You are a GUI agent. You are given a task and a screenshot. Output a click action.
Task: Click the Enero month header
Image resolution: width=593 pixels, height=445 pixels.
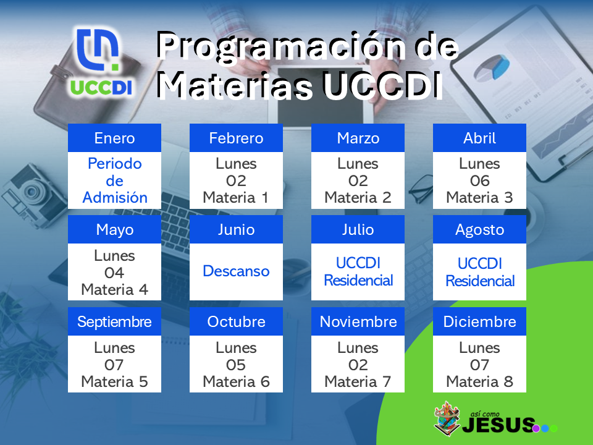(115, 138)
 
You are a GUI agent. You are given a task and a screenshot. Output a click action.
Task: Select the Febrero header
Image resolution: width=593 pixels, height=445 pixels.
(236, 138)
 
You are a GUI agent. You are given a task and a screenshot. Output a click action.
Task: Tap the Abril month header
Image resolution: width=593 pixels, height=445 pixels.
(479, 138)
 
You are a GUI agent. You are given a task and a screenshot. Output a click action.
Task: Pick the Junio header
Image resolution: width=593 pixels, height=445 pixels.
(236, 229)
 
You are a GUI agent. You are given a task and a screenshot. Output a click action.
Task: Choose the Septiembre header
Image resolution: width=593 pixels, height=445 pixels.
(115, 321)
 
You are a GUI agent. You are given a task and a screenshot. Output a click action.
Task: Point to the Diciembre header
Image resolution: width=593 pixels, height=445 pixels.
(479, 321)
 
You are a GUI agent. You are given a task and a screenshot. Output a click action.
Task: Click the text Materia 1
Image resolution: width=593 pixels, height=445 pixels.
(235, 198)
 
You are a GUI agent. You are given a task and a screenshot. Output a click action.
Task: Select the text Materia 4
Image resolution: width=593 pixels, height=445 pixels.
(115, 289)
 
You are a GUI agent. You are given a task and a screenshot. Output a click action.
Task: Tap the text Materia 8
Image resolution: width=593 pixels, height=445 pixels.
(479, 381)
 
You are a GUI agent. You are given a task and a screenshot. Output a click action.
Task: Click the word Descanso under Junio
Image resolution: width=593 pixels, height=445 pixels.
(236, 271)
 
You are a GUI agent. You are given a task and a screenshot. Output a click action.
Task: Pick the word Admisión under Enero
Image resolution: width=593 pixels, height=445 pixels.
(115, 198)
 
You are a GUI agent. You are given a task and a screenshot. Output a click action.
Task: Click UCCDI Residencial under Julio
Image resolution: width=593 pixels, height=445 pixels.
(358, 272)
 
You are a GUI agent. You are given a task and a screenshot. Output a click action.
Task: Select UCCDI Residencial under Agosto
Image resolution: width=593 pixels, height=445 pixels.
(480, 272)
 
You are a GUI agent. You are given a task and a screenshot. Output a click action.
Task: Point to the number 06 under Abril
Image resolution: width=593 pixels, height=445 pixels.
(479, 181)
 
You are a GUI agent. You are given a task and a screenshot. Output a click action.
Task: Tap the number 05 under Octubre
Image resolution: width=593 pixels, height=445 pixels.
(236, 365)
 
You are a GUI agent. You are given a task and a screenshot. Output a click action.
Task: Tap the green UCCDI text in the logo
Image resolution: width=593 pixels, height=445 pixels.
(101, 87)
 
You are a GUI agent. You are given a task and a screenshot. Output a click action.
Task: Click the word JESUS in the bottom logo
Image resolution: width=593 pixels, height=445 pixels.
(498, 425)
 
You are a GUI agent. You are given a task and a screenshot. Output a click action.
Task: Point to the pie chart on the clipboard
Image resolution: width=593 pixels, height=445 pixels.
(492, 68)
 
